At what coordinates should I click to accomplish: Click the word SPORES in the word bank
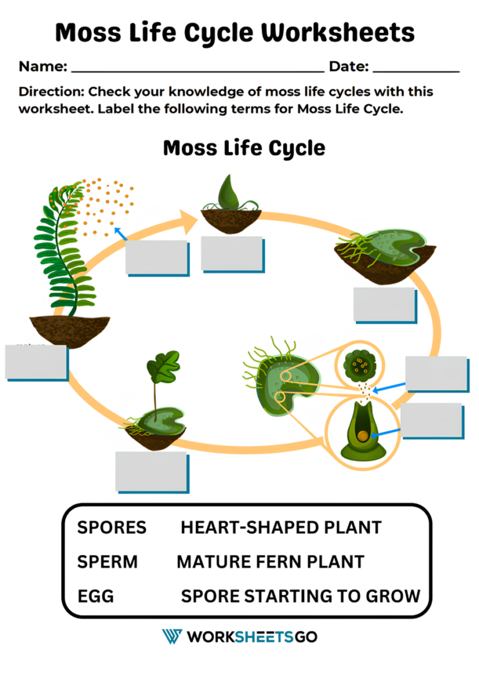[x=112, y=528]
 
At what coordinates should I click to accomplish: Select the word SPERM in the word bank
[x=107, y=562]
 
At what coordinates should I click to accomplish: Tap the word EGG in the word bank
[x=95, y=596]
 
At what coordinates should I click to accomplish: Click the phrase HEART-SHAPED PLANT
[x=281, y=528]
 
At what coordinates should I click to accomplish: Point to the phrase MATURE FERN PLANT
[x=270, y=562]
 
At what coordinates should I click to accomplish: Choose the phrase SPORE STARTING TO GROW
[x=300, y=596]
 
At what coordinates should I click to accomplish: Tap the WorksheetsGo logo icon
[x=172, y=636]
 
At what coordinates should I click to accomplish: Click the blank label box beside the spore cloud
[x=157, y=257]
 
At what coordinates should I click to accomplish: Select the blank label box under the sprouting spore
[x=232, y=254]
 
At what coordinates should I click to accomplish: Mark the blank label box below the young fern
[x=151, y=471]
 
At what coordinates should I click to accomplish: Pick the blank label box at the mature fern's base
[x=36, y=361]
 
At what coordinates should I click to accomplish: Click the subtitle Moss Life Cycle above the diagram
[x=244, y=148]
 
